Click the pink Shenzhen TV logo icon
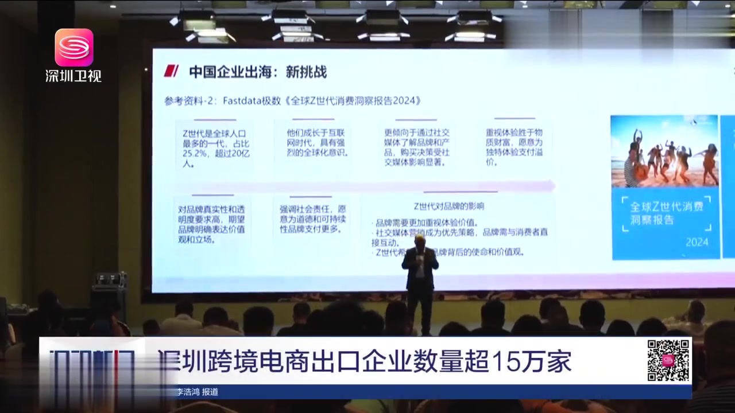73,47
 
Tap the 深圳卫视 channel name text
73,75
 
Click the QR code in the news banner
668,360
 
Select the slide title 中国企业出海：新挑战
258,72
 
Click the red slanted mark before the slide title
171,71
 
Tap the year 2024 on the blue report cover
697,241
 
